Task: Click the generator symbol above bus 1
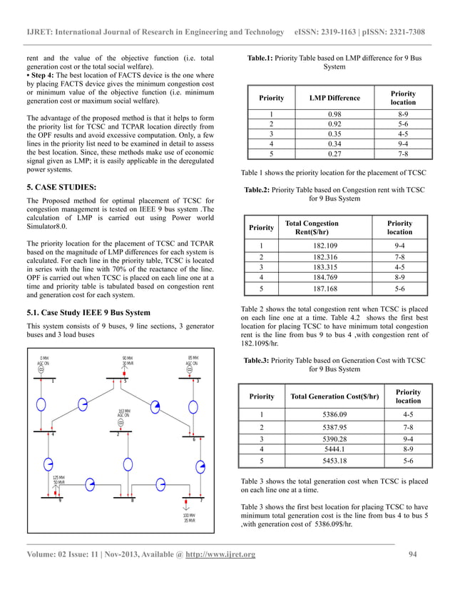41,369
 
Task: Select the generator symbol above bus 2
121,422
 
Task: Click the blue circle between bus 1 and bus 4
41,405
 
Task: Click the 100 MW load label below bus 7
189,516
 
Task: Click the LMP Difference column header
334,98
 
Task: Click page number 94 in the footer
411,555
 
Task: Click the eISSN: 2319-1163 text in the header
329,32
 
